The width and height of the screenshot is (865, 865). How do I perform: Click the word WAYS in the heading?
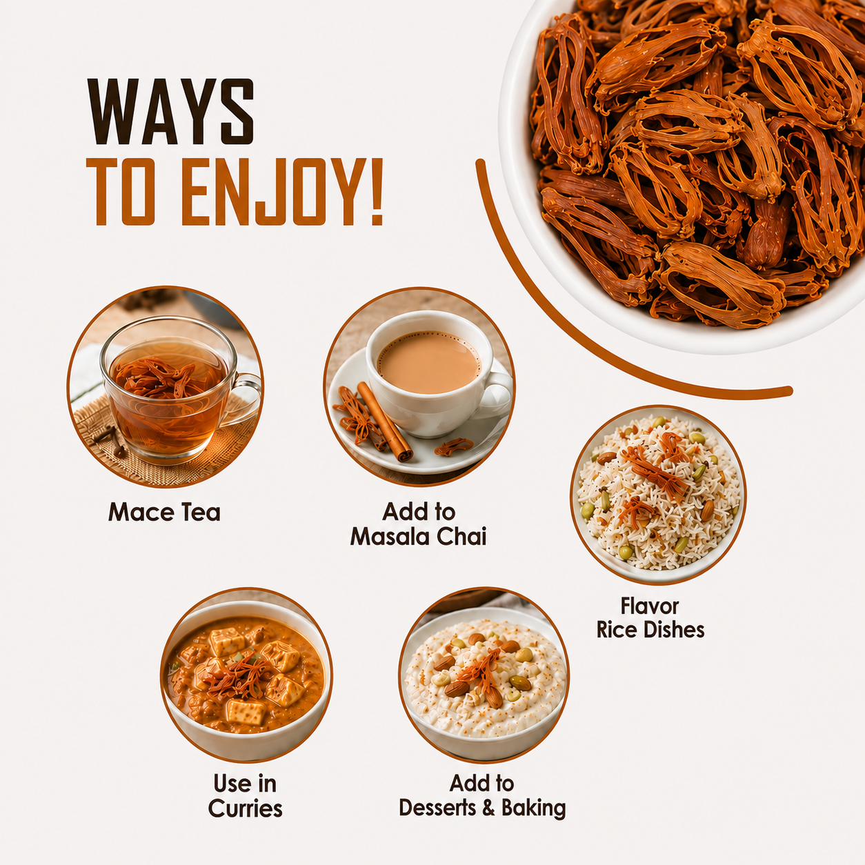170,112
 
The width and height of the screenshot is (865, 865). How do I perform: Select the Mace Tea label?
164,512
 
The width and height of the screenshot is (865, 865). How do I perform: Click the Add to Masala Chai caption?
419,524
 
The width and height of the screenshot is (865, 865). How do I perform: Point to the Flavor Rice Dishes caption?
650,617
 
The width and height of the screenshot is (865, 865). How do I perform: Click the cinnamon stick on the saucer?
384,421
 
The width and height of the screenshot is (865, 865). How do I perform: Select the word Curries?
245,808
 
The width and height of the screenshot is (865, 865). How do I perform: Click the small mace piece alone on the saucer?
454,446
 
